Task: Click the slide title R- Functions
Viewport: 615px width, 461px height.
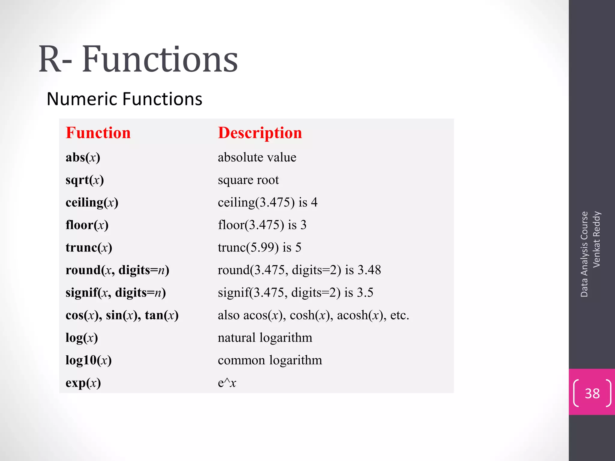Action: pyautogui.click(x=138, y=59)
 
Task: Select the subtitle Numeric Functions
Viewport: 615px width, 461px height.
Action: pyautogui.click(x=124, y=99)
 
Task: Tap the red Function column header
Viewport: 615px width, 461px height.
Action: pyautogui.click(x=98, y=133)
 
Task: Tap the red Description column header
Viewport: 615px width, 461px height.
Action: pyautogui.click(x=260, y=133)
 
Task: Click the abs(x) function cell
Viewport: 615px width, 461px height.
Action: pyautogui.click(x=83, y=157)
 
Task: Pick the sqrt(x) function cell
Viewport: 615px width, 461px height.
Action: pyautogui.click(x=85, y=180)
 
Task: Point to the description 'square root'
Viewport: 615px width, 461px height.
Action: pyautogui.click(x=248, y=180)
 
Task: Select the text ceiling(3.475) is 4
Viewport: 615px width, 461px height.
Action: pyautogui.click(x=267, y=203)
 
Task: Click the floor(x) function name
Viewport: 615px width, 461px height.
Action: pyautogui.click(x=87, y=225)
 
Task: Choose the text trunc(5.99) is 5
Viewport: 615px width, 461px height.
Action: pyautogui.click(x=259, y=248)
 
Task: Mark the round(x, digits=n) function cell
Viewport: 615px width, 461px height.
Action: pyautogui.click(x=117, y=270)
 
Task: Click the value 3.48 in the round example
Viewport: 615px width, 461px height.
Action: pyautogui.click(x=369, y=270)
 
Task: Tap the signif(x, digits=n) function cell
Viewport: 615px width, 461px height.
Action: pyautogui.click(x=116, y=293)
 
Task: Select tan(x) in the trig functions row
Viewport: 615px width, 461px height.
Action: pyautogui.click(x=162, y=315)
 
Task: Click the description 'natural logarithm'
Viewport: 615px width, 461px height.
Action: pyautogui.click(x=265, y=338)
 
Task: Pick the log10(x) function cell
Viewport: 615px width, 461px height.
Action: pyautogui.click(x=89, y=360)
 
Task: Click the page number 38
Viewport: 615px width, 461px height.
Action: pyautogui.click(x=592, y=393)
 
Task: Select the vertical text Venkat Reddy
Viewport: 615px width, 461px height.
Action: pyautogui.click(x=596, y=239)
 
